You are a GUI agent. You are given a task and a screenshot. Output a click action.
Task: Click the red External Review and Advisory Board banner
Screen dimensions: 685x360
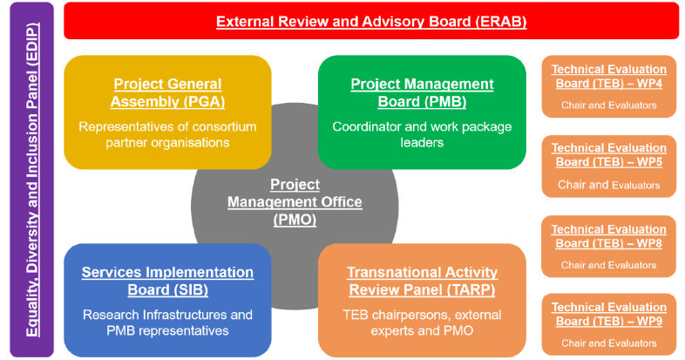tap(371, 21)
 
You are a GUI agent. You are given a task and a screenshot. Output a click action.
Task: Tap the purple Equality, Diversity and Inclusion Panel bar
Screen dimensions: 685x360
tap(32, 180)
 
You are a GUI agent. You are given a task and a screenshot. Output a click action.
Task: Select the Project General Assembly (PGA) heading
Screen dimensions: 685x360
tap(167, 92)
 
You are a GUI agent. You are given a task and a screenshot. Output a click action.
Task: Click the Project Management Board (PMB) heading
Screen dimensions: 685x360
tap(422, 92)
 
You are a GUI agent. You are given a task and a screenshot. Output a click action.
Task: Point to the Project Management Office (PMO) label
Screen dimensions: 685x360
tap(295, 202)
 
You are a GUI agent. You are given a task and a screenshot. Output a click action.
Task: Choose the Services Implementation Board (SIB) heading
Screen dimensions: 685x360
tap(167, 281)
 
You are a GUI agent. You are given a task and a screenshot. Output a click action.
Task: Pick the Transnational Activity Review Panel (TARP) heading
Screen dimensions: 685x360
tap(422, 281)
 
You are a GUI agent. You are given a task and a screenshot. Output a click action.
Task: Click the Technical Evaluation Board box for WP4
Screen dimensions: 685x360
tap(609, 86)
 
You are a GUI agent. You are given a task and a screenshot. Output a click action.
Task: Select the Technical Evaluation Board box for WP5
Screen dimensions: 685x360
tap(609, 166)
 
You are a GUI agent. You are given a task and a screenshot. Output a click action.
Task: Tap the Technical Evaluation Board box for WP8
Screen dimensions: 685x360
tap(609, 247)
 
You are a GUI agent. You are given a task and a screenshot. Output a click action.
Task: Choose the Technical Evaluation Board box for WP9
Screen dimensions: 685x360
tap(609, 324)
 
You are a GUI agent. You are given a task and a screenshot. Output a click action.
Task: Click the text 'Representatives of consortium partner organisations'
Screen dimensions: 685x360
tap(167, 134)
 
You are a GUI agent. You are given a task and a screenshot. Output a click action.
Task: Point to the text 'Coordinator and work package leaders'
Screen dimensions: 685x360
tap(422, 134)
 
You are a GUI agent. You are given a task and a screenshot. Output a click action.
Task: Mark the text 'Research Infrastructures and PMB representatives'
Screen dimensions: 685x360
tap(167, 323)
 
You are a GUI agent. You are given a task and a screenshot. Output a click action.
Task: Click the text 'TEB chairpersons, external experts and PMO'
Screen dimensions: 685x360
tap(422, 323)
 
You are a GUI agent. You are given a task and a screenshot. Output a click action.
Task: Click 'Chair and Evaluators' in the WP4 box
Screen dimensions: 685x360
tap(609, 105)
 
